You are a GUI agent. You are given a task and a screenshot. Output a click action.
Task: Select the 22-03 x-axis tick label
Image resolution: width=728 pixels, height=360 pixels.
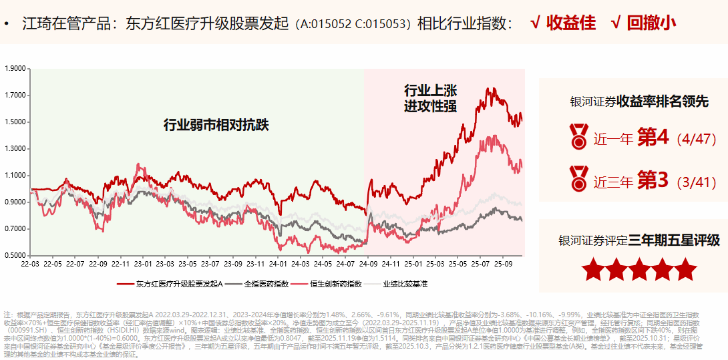click(30, 264)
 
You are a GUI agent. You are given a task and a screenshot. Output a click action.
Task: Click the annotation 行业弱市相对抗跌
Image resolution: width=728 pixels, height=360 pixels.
click(211, 125)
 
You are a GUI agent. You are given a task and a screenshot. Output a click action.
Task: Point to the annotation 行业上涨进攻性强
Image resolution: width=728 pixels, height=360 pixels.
click(430, 98)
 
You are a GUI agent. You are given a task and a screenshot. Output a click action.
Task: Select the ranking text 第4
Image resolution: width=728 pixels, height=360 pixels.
click(653, 138)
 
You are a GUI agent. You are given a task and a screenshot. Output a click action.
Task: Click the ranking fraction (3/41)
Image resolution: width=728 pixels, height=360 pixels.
click(696, 181)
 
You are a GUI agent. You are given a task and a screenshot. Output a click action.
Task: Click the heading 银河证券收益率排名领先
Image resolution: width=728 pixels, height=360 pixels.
click(639, 102)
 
